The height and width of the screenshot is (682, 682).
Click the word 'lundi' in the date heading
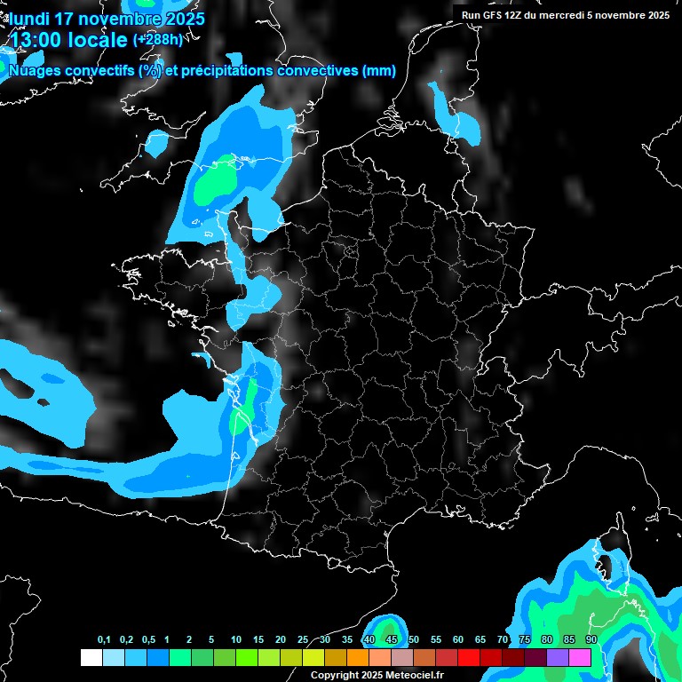pyautogui.click(x=29, y=19)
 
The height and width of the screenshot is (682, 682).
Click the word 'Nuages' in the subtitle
pyautogui.click(x=36, y=70)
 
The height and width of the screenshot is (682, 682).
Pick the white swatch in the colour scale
pyautogui.click(x=91, y=658)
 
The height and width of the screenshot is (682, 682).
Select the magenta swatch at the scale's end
pyautogui.click(x=580, y=658)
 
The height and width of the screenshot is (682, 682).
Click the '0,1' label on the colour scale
pyautogui.click(x=104, y=640)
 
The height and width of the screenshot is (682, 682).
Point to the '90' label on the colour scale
pyautogui.click(x=591, y=640)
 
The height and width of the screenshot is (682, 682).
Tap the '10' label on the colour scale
pyautogui.click(x=235, y=640)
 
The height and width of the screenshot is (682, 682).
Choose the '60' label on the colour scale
pyautogui.click(x=458, y=640)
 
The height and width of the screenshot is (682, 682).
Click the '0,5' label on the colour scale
pyautogui.click(x=148, y=640)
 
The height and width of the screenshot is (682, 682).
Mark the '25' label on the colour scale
pyautogui.click(x=302, y=640)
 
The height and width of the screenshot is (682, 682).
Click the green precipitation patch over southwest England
pyautogui.click(x=216, y=184)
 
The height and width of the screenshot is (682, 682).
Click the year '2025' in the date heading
pyautogui.click(x=178, y=19)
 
